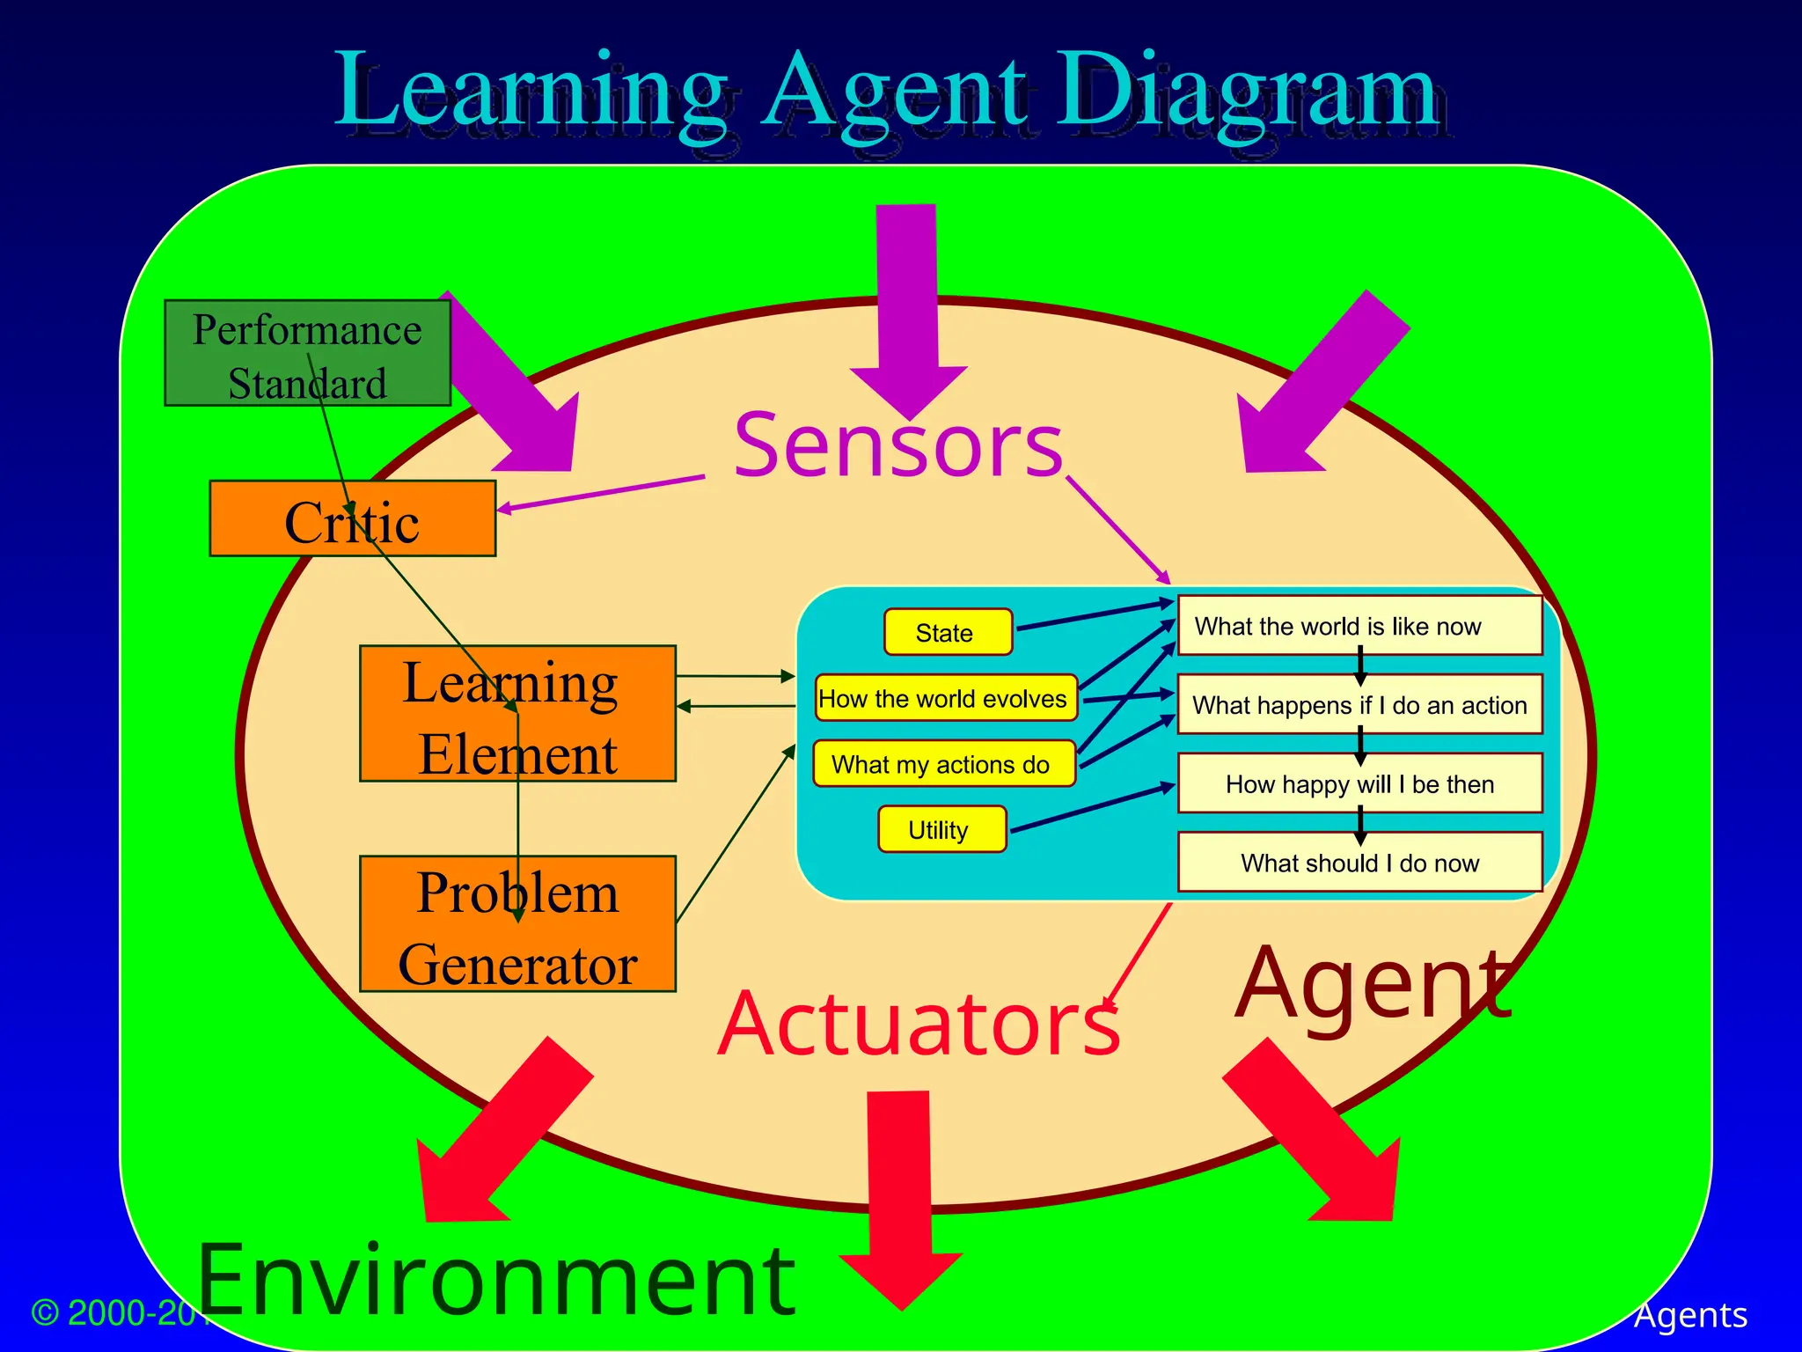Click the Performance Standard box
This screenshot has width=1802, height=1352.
tap(307, 353)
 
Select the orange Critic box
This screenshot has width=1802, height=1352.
tap(352, 518)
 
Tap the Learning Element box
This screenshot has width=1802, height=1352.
tap(517, 714)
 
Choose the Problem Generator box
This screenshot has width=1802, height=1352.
tap(517, 924)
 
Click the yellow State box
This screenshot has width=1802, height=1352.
tap(948, 632)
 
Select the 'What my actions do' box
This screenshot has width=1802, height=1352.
tap(943, 763)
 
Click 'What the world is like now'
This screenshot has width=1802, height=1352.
tap(1359, 626)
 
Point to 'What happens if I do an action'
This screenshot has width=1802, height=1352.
tap(1359, 704)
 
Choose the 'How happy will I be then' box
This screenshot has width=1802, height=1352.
tap(1359, 783)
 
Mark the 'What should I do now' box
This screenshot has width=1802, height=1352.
tap(1359, 863)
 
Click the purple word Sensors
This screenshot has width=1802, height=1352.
tap(897, 445)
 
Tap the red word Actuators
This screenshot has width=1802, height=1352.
tap(919, 1023)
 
